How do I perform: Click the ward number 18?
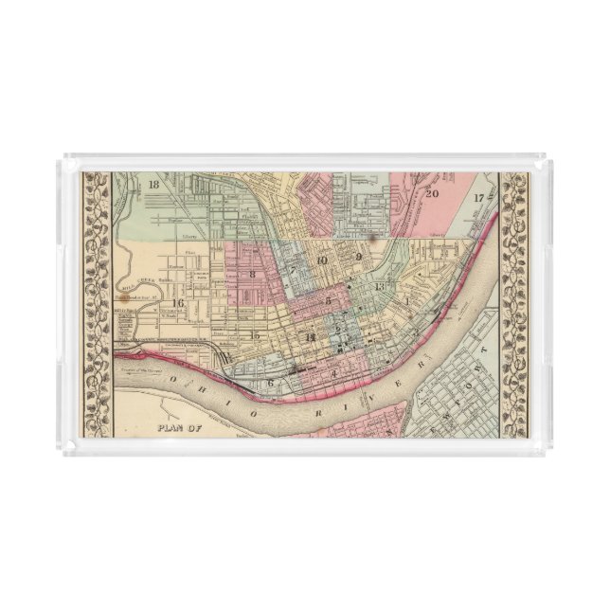(154, 185)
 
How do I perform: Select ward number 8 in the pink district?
(253, 275)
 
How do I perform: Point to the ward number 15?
(253, 335)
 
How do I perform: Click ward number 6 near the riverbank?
(271, 383)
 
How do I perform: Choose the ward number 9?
(359, 257)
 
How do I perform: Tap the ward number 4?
(334, 373)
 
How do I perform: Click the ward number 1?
(407, 301)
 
